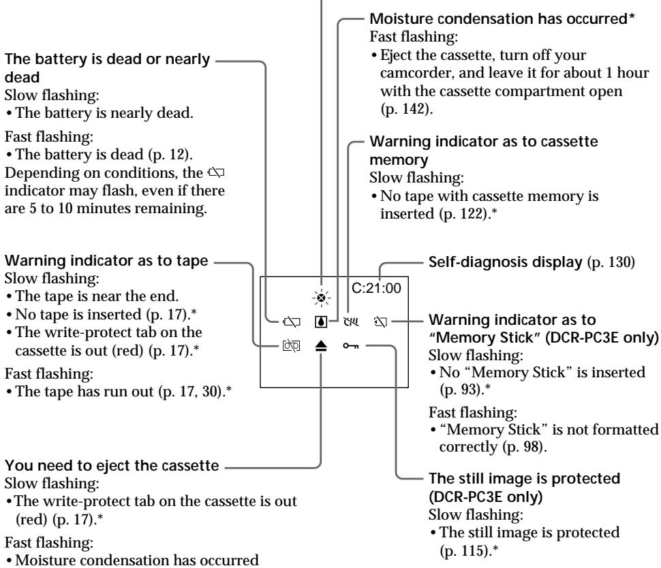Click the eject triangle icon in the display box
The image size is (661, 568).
[321, 347]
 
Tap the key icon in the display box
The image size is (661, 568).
[351, 346]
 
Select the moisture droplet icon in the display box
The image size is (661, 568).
[321, 322]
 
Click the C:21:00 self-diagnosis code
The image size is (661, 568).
[376, 288]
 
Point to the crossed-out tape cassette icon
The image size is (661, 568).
[291, 346]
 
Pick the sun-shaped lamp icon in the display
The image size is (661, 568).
[322, 298]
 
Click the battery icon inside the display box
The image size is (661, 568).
[292, 322]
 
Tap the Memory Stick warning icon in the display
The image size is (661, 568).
[380, 322]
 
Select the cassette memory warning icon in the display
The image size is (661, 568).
[351, 322]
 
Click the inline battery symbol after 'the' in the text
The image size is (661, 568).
[216, 172]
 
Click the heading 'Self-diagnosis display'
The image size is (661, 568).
[506, 262]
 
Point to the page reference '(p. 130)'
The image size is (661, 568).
[611, 262]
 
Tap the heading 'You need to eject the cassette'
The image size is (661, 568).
[112, 465]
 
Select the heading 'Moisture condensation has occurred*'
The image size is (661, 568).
[502, 18]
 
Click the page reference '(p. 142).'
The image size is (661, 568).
[406, 109]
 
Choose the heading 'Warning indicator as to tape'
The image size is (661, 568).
[106, 260]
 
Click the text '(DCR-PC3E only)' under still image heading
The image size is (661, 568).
[486, 496]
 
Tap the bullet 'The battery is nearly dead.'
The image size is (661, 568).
[104, 113]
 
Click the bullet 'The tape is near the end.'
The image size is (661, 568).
[97, 296]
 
